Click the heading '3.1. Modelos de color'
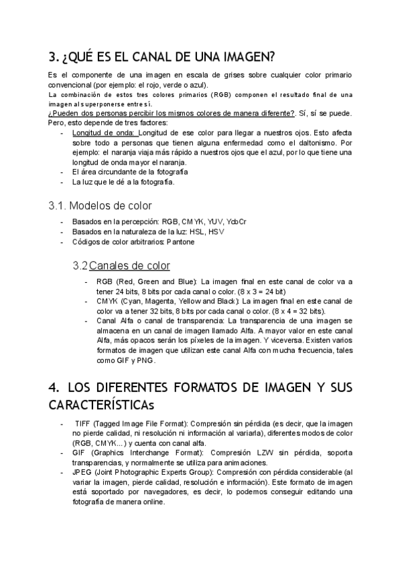100,205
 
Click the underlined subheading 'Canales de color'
129,265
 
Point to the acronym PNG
145,360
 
